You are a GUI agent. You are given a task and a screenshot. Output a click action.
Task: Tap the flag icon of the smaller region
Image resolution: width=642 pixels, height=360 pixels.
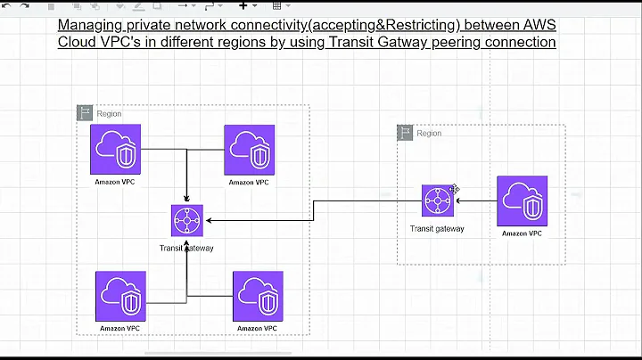click(x=406, y=133)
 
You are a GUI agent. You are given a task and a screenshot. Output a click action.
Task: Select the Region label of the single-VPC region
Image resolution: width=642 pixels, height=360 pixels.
click(x=429, y=134)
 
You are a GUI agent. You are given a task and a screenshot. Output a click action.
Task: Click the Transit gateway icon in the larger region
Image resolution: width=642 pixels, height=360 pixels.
click(x=187, y=220)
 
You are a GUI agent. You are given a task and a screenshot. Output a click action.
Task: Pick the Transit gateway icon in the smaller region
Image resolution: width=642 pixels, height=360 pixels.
click(x=438, y=200)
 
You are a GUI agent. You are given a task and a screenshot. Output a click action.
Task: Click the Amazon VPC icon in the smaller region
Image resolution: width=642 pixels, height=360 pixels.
click(x=523, y=200)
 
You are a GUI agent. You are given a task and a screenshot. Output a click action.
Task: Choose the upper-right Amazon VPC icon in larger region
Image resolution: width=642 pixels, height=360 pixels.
click(x=250, y=150)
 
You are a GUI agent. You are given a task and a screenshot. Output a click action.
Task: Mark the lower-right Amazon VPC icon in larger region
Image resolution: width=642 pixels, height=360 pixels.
click(x=258, y=296)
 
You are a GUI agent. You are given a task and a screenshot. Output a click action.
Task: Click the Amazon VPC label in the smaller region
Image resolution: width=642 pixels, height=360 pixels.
click(x=522, y=233)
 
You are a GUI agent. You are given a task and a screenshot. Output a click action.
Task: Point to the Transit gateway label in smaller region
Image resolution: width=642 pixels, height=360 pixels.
click(x=437, y=229)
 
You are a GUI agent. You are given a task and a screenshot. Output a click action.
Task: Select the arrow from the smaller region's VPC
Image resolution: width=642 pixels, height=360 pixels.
click(x=475, y=200)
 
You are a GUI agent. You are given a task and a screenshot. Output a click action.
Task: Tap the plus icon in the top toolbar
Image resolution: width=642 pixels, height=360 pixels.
click(x=243, y=4)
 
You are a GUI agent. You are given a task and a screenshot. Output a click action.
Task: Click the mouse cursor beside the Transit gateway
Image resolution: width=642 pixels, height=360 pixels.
click(x=456, y=189)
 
